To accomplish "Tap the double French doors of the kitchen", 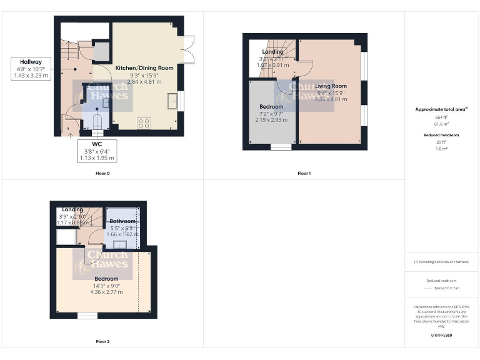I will [x=189, y=49].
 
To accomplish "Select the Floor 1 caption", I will [x=304, y=173].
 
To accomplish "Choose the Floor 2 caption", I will [x=102, y=342].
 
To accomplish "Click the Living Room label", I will [x=331, y=86].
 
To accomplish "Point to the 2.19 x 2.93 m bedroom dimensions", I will [x=272, y=119].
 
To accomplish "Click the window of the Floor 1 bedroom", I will [x=281, y=147].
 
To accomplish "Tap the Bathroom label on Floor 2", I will [x=122, y=221].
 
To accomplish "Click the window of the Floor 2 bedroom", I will [x=87, y=316].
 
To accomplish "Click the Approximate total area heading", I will [x=441, y=109].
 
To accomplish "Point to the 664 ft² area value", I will [x=441, y=117].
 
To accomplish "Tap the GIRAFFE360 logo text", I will [x=441, y=336].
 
